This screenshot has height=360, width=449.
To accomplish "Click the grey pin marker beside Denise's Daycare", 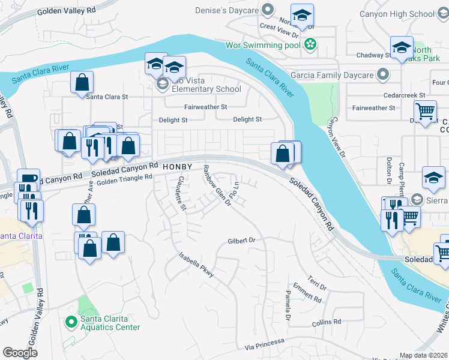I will click(x=268, y=10).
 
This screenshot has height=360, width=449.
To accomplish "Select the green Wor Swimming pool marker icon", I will click(x=310, y=44).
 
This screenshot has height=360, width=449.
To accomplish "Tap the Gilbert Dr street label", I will click(x=242, y=241).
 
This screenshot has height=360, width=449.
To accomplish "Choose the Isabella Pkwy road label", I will click(x=196, y=265).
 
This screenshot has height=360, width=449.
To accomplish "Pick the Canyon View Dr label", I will click(x=336, y=139).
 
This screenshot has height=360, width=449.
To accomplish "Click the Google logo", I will click(x=20, y=353).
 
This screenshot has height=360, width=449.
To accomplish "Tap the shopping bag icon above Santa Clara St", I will click(x=82, y=82).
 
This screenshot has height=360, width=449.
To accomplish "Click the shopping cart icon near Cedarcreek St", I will click(x=425, y=110).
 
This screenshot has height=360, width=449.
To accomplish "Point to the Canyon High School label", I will click(x=405, y=14).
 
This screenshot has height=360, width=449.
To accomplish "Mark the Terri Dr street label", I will click(x=317, y=283).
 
